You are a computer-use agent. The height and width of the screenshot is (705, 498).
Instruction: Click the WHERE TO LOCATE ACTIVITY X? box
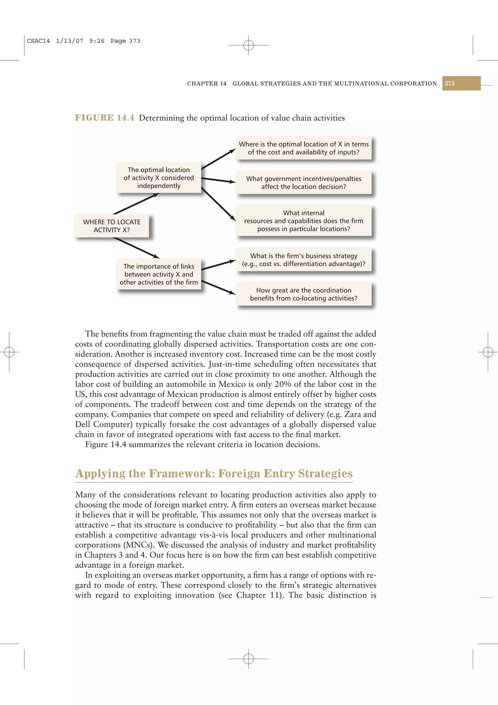pos(112,226)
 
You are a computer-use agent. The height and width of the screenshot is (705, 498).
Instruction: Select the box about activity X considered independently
pos(159,178)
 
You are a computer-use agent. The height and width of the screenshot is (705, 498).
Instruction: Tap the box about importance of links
pos(159,274)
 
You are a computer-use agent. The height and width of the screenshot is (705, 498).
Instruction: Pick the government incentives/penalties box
pos(303,183)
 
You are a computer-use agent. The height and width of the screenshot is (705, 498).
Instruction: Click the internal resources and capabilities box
pos(303,221)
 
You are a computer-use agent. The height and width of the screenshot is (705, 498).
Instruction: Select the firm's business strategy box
pos(303,260)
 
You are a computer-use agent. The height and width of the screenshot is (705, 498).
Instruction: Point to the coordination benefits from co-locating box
pos(303,294)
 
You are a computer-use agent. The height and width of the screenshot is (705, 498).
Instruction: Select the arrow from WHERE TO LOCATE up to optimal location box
pos(136,204)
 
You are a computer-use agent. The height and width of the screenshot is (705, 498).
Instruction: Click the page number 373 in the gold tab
pos(450,83)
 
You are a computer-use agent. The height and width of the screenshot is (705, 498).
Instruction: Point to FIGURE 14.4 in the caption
pos(105,118)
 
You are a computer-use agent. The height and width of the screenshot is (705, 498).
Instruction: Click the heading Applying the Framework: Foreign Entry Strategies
pos(214,473)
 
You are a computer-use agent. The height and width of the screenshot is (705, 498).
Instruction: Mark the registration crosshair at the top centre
pos(248,45)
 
